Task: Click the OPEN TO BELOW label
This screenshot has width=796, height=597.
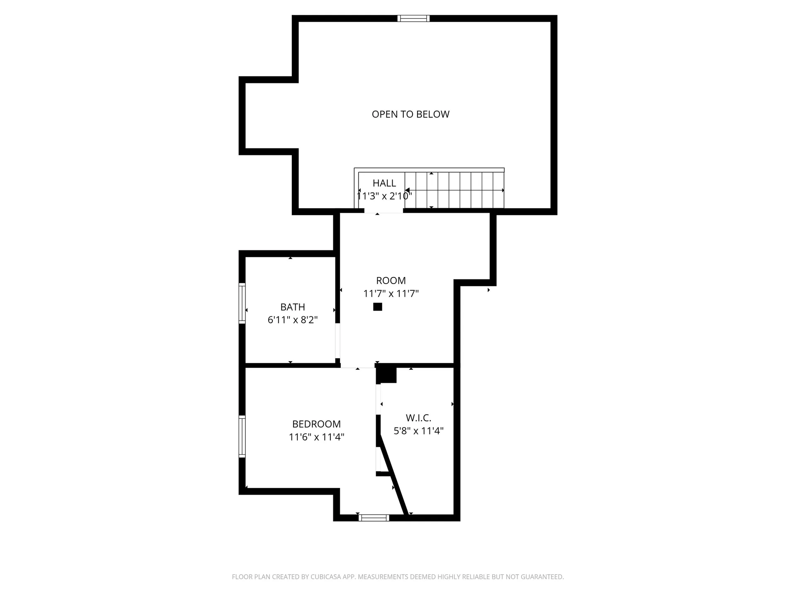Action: pyautogui.click(x=410, y=114)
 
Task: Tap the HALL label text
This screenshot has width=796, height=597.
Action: pyautogui.click(x=384, y=183)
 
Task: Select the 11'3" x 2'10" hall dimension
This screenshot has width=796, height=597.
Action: pyautogui.click(x=384, y=196)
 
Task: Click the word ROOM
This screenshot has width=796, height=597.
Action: pyautogui.click(x=391, y=281)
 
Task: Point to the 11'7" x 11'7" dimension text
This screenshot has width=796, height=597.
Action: pyautogui.click(x=391, y=294)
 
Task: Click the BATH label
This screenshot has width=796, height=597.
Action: pyautogui.click(x=293, y=307)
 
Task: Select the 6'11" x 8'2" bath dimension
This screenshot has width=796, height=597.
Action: pyautogui.click(x=293, y=320)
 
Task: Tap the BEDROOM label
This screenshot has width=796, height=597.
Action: pyautogui.click(x=316, y=424)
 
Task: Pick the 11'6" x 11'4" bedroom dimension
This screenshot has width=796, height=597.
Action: pyautogui.click(x=316, y=437)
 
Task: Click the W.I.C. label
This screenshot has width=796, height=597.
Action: pyautogui.click(x=418, y=418)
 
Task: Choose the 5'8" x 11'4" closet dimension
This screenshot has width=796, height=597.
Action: pyautogui.click(x=418, y=431)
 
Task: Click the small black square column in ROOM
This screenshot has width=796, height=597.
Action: pyautogui.click(x=377, y=307)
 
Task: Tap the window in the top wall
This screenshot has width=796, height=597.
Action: pyautogui.click(x=413, y=18)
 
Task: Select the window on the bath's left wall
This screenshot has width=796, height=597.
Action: pyautogui.click(x=242, y=303)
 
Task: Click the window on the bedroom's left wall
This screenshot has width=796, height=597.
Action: pyautogui.click(x=242, y=437)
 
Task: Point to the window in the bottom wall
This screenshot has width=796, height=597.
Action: pyautogui.click(x=374, y=517)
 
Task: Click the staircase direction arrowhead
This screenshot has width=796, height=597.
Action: pyautogui.click(x=407, y=190)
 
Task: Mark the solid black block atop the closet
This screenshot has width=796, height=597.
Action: pyautogui.click(x=387, y=374)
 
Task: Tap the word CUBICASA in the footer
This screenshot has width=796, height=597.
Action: pyautogui.click(x=324, y=577)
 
